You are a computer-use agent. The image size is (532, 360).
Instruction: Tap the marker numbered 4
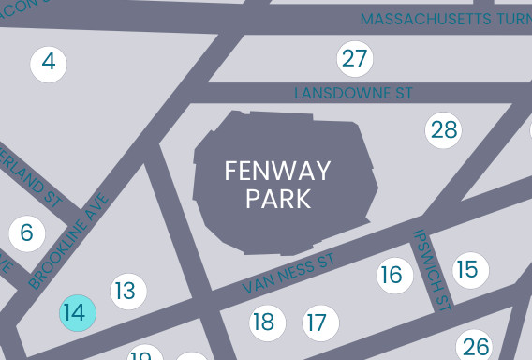49,64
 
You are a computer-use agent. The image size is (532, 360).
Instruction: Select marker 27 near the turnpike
354,59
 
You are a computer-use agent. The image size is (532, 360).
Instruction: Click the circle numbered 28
444,129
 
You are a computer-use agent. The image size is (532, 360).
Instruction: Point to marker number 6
26,232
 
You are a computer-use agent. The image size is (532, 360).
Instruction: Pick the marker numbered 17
320,323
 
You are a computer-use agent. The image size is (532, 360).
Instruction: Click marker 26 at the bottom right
475,346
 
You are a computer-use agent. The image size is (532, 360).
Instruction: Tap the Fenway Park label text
276,185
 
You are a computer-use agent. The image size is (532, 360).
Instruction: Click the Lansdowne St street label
353,94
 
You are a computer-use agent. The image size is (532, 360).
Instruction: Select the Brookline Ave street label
69,240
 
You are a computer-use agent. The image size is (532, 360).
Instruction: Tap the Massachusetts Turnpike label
445,19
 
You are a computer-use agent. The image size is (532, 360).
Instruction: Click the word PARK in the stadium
277,199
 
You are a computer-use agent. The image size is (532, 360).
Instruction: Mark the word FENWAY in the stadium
276,171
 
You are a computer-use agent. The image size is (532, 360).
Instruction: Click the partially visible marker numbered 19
143,354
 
